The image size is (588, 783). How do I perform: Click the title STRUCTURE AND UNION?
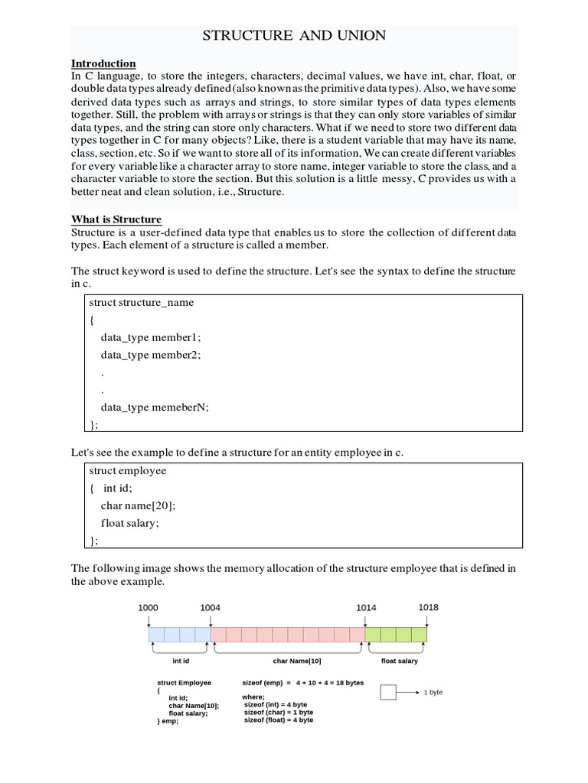pos(293,35)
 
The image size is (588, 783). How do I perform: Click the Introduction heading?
pos(103,63)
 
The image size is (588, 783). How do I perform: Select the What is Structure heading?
pos(116,219)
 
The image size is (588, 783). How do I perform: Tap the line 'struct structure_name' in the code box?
pos(142,302)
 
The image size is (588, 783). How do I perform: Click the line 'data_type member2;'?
pos(150,355)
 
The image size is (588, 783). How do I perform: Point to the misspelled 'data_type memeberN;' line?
pos(154,408)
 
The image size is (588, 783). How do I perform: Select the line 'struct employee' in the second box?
pos(128,470)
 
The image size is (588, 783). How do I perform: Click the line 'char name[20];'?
pos(138,505)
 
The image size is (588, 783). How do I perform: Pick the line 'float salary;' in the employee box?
pos(131,523)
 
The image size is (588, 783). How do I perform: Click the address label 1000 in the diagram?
pos(149,607)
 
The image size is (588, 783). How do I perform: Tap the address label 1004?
pos(211,607)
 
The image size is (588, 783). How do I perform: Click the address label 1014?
pos(366,607)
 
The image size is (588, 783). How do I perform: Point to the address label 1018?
pos(428,607)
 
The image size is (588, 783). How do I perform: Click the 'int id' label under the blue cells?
pos(180,661)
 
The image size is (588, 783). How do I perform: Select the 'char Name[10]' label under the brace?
pos(297,661)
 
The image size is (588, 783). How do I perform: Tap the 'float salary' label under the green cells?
pos(400,661)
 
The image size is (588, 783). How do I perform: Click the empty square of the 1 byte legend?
pos(388,692)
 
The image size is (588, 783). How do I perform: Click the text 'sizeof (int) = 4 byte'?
pos(276,704)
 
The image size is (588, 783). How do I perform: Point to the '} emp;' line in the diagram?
pos(168,721)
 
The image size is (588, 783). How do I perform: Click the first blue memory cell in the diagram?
pos(156,635)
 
